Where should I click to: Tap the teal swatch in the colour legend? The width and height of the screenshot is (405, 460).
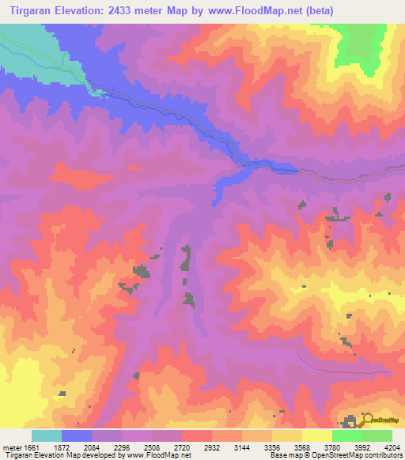(47, 435)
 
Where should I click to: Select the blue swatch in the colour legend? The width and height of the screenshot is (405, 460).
(77, 435)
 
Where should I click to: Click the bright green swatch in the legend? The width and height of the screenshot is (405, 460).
(346, 435)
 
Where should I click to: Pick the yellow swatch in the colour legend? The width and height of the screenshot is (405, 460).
(316, 435)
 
